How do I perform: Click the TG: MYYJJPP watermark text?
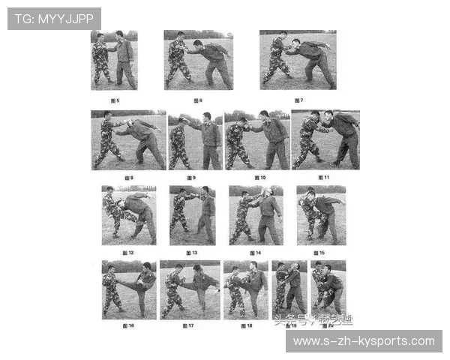point(53,18)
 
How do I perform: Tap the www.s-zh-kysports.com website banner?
point(363,341)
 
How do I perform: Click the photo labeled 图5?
point(114,60)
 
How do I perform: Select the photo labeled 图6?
point(198,60)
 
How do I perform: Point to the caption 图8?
point(128,178)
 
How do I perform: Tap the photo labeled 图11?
point(325,139)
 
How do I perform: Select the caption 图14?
point(256,253)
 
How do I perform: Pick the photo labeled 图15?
point(321,215)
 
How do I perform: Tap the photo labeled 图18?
point(245,290)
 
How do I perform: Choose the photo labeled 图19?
point(289,287)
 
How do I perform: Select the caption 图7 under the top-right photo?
point(298,99)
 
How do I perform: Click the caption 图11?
point(324,178)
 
